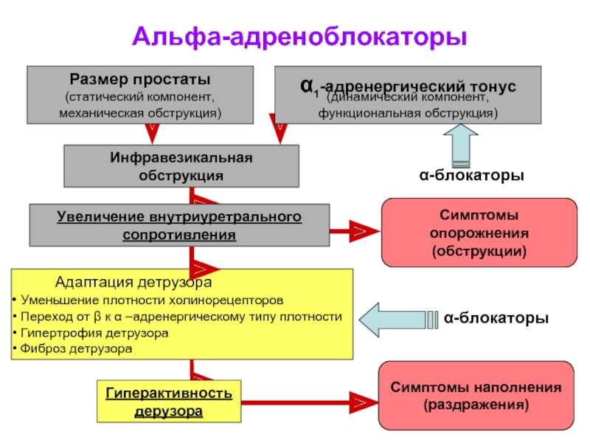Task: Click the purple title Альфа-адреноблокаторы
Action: click(x=299, y=37)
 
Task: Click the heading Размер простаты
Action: click(x=140, y=79)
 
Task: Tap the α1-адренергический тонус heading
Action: click(x=408, y=86)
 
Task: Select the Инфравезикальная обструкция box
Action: click(x=181, y=166)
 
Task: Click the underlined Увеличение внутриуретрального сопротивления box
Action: click(x=179, y=225)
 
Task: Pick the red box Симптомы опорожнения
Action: click(x=479, y=233)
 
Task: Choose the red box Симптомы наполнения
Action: click(x=476, y=396)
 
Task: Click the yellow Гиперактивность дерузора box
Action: click(x=169, y=401)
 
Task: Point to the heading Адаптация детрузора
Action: click(x=133, y=282)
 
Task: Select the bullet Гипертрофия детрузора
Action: click(x=90, y=333)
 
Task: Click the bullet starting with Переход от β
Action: click(x=177, y=317)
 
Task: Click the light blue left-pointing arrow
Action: click(x=398, y=320)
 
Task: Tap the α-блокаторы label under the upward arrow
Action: click(x=471, y=175)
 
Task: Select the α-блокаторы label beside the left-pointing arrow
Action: click(x=496, y=318)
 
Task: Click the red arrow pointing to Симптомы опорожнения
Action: click(x=355, y=231)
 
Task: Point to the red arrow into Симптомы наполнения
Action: click(x=310, y=402)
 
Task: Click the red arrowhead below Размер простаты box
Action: click(x=152, y=134)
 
